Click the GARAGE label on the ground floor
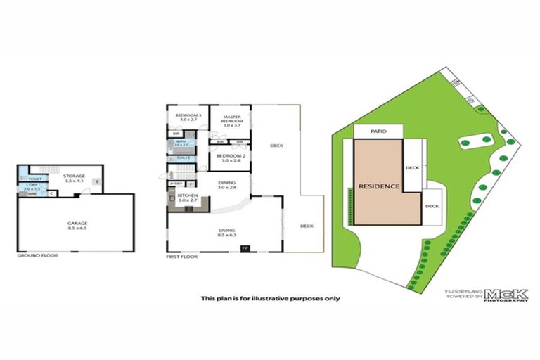77,224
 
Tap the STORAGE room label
73,176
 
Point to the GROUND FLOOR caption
37,255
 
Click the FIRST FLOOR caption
181,257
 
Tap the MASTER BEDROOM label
232,120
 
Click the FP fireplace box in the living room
245,248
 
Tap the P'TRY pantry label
175,184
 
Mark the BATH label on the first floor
181,141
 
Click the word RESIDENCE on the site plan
379,186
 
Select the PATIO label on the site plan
379,131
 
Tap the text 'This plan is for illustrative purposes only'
270,298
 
